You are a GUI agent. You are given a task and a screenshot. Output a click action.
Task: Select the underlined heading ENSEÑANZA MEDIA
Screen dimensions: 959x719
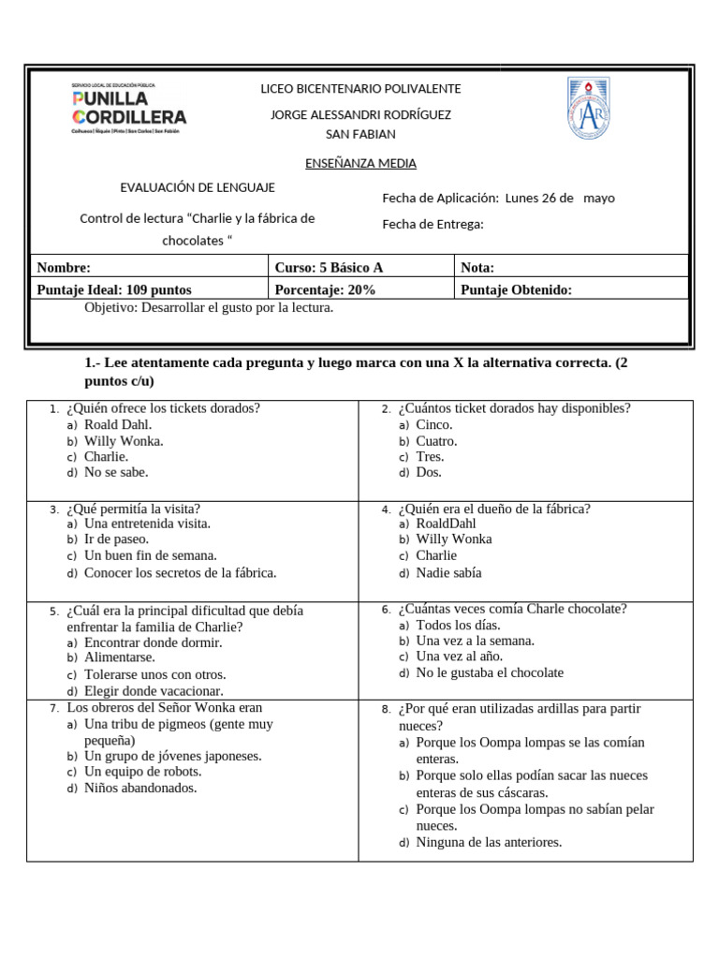click(x=360, y=163)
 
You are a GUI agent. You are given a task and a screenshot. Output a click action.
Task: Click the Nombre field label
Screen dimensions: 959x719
click(x=64, y=267)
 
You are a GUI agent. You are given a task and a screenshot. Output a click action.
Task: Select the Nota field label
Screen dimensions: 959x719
click(x=477, y=267)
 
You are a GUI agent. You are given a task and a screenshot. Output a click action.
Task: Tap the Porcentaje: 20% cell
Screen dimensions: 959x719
click(x=325, y=289)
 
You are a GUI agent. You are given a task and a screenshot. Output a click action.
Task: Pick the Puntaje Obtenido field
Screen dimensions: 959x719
click(x=516, y=289)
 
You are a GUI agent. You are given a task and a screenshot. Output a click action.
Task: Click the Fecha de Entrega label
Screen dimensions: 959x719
click(x=433, y=224)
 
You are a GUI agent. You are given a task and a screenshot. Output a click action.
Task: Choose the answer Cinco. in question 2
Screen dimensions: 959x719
click(x=434, y=424)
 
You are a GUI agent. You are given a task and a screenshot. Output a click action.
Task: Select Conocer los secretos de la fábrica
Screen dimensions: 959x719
click(x=180, y=572)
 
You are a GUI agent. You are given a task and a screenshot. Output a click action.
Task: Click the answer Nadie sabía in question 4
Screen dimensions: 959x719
click(x=448, y=572)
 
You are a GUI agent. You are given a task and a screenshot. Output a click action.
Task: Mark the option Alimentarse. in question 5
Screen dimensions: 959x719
click(x=120, y=657)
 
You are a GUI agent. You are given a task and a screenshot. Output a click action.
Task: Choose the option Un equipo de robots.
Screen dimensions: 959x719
click(x=142, y=772)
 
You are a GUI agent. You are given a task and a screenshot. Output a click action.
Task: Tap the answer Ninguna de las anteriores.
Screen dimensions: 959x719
click(x=489, y=842)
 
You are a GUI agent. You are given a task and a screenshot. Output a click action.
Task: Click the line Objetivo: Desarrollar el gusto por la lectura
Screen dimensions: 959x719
click(x=209, y=307)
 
